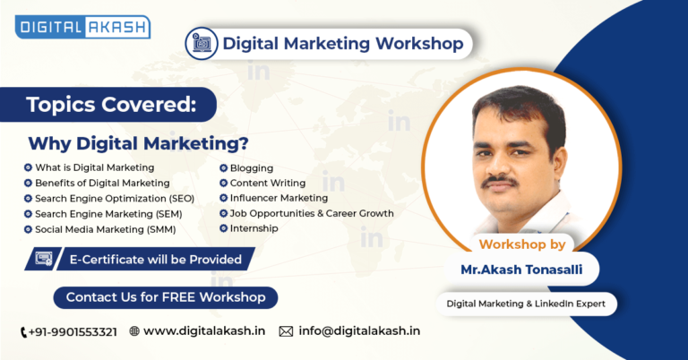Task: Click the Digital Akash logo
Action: tap(82, 27)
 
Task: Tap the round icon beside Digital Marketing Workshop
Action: tap(202, 43)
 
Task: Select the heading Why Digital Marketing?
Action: tap(138, 143)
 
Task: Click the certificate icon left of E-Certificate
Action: tap(43, 259)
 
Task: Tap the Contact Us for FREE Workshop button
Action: tap(166, 297)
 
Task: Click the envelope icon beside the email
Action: tap(286, 331)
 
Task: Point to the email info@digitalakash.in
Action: tap(359, 330)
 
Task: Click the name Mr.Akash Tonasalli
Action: tap(521, 270)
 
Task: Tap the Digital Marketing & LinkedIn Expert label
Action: tap(526, 304)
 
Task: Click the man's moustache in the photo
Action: tap(499, 181)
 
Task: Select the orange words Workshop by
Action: tap(522, 244)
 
